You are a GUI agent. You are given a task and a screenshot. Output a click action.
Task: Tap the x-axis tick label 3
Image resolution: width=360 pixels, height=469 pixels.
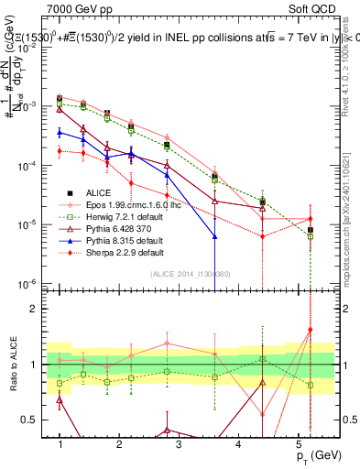(x=179, y=442)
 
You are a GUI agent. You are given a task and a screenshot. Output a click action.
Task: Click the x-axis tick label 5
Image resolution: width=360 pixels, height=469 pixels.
(x=298, y=442)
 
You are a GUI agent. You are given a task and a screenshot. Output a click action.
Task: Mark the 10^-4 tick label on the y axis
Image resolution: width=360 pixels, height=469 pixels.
(x=29, y=166)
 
